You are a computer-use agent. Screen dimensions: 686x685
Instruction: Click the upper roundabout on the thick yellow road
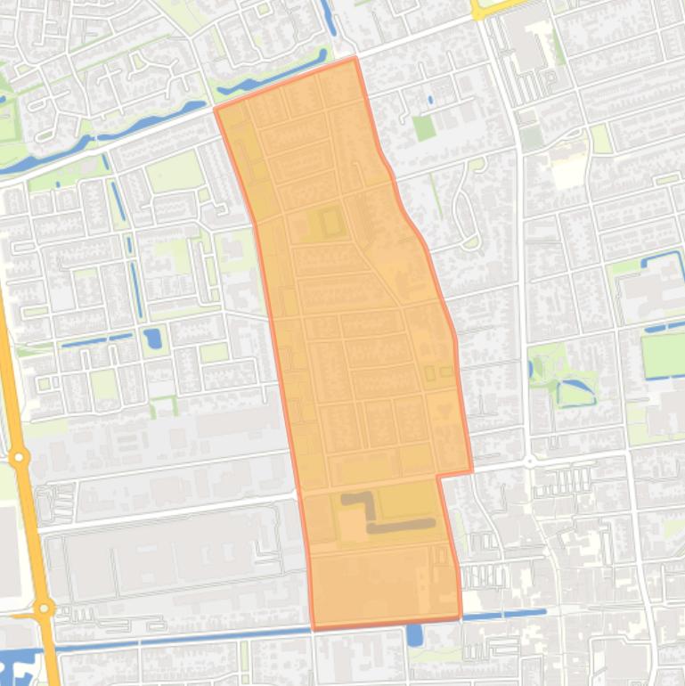click(18, 458)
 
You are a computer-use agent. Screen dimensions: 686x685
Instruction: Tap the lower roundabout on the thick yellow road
click(42, 609)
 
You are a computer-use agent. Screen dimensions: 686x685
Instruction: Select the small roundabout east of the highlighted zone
click(529, 462)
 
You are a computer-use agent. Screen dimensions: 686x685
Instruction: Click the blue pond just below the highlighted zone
click(414, 634)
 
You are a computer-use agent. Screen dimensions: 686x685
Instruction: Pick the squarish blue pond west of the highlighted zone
click(152, 339)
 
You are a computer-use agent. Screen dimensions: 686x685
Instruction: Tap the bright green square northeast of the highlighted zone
click(424, 127)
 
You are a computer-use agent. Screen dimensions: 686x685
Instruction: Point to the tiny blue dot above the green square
click(430, 100)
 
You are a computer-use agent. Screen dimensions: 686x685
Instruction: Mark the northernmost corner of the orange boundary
click(355, 59)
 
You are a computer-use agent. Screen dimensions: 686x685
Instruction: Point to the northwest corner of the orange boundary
click(216, 109)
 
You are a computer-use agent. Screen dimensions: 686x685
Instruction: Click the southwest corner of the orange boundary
click(314, 628)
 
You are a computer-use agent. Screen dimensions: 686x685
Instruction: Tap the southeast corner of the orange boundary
click(461, 617)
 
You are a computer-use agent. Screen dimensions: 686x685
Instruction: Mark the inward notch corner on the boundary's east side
click(438, 477)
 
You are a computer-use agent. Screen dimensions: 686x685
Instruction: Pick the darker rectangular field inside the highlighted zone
click(331, 221)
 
